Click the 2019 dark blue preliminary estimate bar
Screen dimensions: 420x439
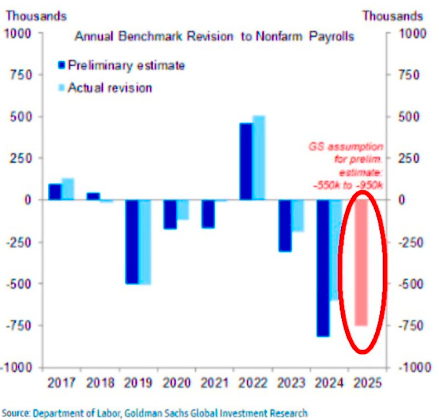pyautogui.click(x=132, y=241)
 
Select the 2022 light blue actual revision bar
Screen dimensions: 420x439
pyautogui.click(x=259, y=157)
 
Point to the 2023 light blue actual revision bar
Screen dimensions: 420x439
pyautogui.click(x=298, y=216)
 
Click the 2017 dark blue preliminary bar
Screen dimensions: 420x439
pyautogui.click(x=55, y=192)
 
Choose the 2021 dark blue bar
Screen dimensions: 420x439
pyautogui.click(x=208, y=213)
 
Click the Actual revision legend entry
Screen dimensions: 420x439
pyautogui.click(x=110, y=88)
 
